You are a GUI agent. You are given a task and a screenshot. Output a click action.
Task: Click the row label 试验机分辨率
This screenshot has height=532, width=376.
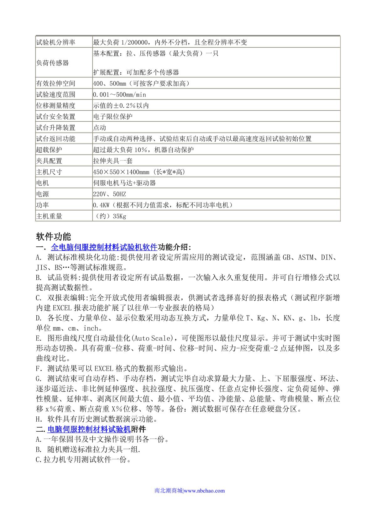(x=55, y=42)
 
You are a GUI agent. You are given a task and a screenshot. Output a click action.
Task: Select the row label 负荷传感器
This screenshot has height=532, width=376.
(x=52, y=63)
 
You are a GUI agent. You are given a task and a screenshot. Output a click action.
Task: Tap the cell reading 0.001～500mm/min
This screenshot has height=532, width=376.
(x=119, y=94)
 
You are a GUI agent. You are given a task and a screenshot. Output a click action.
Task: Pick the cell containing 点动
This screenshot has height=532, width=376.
(x=100, y=128)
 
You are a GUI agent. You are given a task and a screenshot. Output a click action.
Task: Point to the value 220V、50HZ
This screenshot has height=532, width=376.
(x=109, y=194)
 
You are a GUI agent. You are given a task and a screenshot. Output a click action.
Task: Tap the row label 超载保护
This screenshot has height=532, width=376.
(x=49, y=150)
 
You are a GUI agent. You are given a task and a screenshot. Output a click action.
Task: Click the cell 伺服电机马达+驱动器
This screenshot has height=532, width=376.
(x=124, y=183)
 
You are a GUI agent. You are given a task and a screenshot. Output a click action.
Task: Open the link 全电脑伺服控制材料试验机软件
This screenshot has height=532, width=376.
(x=104, y=247)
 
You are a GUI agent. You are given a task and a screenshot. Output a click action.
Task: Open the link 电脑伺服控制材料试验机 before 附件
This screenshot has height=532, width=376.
(x=89, y=429)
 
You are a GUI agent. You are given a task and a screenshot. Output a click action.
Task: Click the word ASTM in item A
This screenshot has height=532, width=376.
(x=305, y=258)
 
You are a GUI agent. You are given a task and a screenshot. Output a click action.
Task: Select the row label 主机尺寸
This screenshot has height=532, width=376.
(x=49, y=172)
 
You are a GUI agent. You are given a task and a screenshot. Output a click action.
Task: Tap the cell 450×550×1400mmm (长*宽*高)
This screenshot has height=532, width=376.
(x=139, y=172)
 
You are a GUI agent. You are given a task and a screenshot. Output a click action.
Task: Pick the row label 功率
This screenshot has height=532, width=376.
(x=43, y=205)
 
